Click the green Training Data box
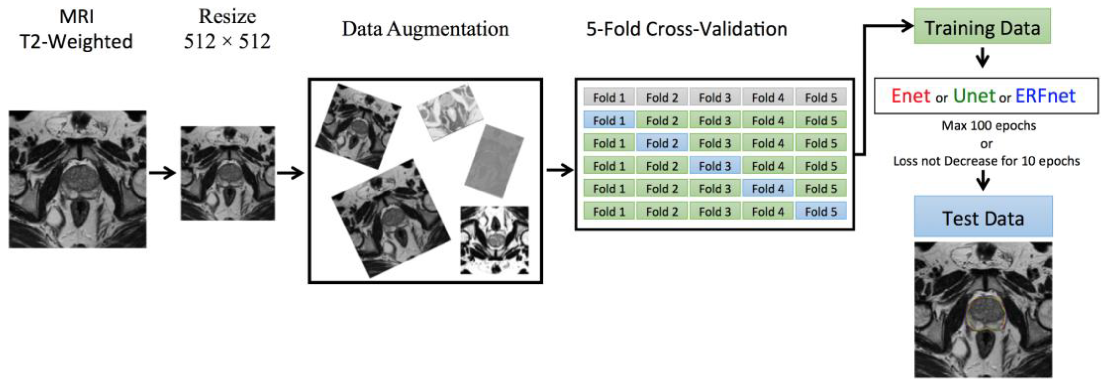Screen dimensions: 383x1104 coord(982,27)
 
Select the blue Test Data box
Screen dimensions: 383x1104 coord(983,217)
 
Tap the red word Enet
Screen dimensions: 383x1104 coord(910,96)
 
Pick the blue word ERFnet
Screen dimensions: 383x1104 coord(1045,96)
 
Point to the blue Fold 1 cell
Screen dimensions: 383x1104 coord(609,121)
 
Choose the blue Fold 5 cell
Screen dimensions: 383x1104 coord(820,211)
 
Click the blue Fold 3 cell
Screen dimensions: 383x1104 coord(715,166)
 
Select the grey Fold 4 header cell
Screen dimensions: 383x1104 coord(768,98)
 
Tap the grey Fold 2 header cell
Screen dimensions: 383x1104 coord(662,98)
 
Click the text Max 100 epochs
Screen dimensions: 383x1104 coord(988,126)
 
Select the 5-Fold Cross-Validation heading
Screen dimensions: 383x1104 coord(686,29)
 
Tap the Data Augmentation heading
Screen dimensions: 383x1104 coord(425,29)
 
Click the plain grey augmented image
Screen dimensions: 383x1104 coord(494,161)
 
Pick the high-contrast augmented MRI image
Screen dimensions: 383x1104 coord(494,240)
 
